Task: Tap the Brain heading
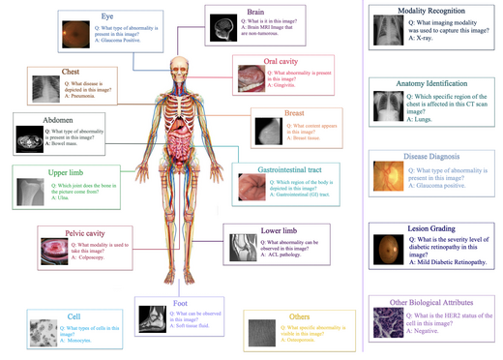point(255,12)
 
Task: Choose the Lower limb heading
point(280,231)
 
